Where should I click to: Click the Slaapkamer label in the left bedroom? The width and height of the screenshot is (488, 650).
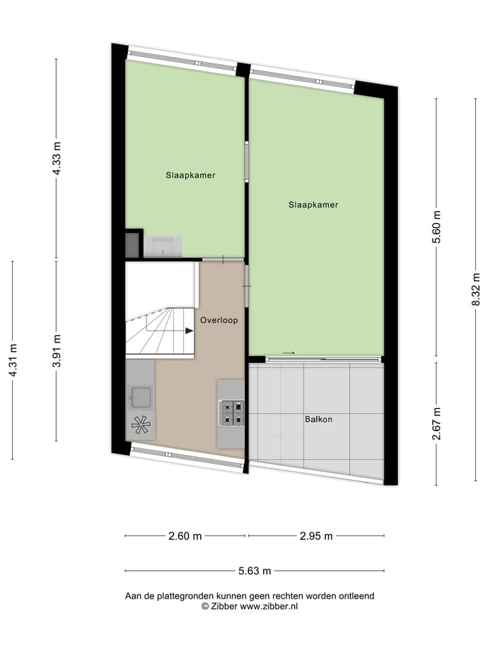tap(190, 175)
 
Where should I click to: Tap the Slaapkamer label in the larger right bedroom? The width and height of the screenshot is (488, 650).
tap(312, 204)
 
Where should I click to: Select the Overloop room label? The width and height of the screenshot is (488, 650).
tap(218, 321)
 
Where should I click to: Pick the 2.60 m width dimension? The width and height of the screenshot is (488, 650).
tap(185, 536)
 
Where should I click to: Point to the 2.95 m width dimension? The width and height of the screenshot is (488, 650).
tap(316, 536)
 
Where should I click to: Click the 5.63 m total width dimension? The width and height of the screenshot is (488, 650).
tap(254, 571)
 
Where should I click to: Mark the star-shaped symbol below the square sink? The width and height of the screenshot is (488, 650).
tap(141, 425)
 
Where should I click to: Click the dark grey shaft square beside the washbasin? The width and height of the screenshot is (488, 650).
tap(131, 244)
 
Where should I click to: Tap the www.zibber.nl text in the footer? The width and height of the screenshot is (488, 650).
tap(270, 607)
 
